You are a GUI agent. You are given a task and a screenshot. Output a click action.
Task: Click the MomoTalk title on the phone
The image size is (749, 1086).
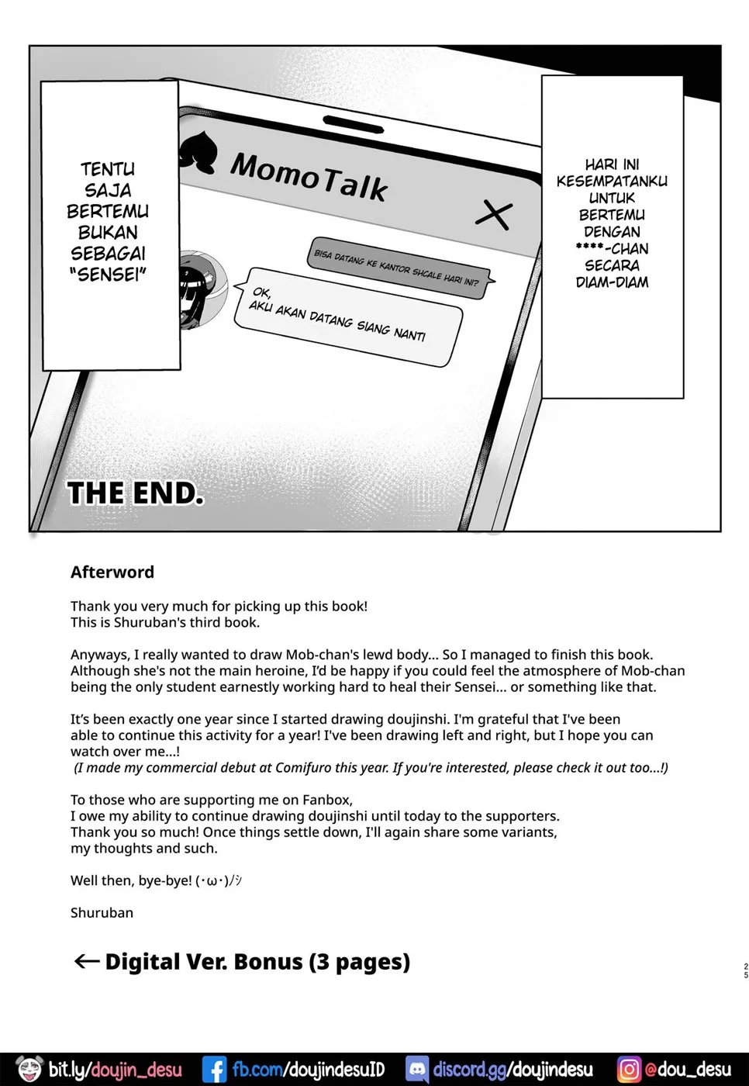pyautogui.click(x=309, y=177)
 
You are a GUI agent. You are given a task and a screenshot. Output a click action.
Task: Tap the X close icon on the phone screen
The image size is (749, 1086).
pyautogui.click(x=494, y=214)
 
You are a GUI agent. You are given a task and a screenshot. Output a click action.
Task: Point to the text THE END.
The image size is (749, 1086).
pyautogui.click(x=136, y=493)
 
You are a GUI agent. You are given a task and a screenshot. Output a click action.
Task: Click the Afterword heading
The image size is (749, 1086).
pyautogui.click(x=112, y=572)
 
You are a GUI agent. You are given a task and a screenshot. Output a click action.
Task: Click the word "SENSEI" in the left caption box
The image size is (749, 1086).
pyautogui.click(x=108, y=275)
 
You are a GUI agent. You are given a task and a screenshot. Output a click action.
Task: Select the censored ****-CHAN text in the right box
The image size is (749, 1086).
pyautogui.click(x=612, y=249)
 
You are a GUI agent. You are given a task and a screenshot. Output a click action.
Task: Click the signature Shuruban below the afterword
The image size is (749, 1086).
pyautogui.click(x=102, y=913)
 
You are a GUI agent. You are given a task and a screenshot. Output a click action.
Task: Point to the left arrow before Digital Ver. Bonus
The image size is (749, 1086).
pyautogui.click(x=86, y=962)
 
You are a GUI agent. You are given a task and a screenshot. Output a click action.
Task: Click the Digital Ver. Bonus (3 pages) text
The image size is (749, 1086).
pyautogui.click(x=257, y=962)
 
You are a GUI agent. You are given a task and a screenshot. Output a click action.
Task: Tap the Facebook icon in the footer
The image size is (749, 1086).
pyautogui.click(x=214, y=1070)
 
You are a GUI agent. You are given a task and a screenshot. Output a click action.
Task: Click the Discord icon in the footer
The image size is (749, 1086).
pyautogui.click(x=417, y=1070)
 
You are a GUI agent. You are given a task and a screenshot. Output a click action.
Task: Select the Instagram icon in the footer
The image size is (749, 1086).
pyautogui.click(x=629, y=1070)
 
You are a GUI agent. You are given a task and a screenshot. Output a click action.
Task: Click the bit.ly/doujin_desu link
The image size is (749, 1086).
pyautogui.click(x=115, y=1070)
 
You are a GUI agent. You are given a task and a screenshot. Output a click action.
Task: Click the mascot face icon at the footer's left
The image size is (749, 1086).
pyautogui.click(x=29, y=1069)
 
